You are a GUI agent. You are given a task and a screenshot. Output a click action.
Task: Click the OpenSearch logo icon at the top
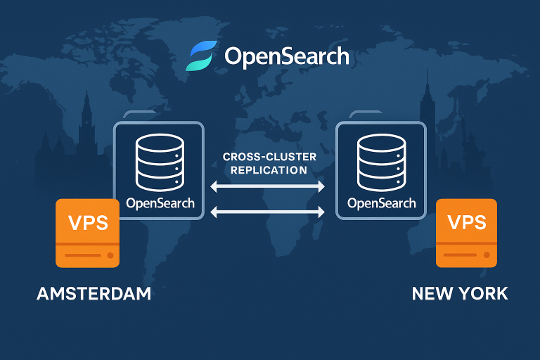pos(201,56)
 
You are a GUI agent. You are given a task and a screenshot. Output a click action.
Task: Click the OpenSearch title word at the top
pos(287,56)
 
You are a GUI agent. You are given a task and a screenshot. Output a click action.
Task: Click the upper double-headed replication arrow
pos(268,186)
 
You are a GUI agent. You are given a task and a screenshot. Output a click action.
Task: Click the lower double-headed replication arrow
pos(268,211)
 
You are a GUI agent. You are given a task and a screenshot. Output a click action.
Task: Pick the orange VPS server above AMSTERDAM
pos(88,233)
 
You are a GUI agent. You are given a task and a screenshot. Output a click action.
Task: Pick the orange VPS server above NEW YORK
pos(466,233)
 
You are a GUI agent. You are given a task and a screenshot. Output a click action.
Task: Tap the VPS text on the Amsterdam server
pos(88,222)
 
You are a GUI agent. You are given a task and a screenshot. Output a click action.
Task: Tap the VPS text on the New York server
pos(466,222)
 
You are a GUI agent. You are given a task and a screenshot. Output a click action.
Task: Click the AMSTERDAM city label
pos(94,293)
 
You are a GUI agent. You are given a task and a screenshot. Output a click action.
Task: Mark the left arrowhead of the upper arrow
pos(214,186)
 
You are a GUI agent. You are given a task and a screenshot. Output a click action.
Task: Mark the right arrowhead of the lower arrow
pos(321,211)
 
